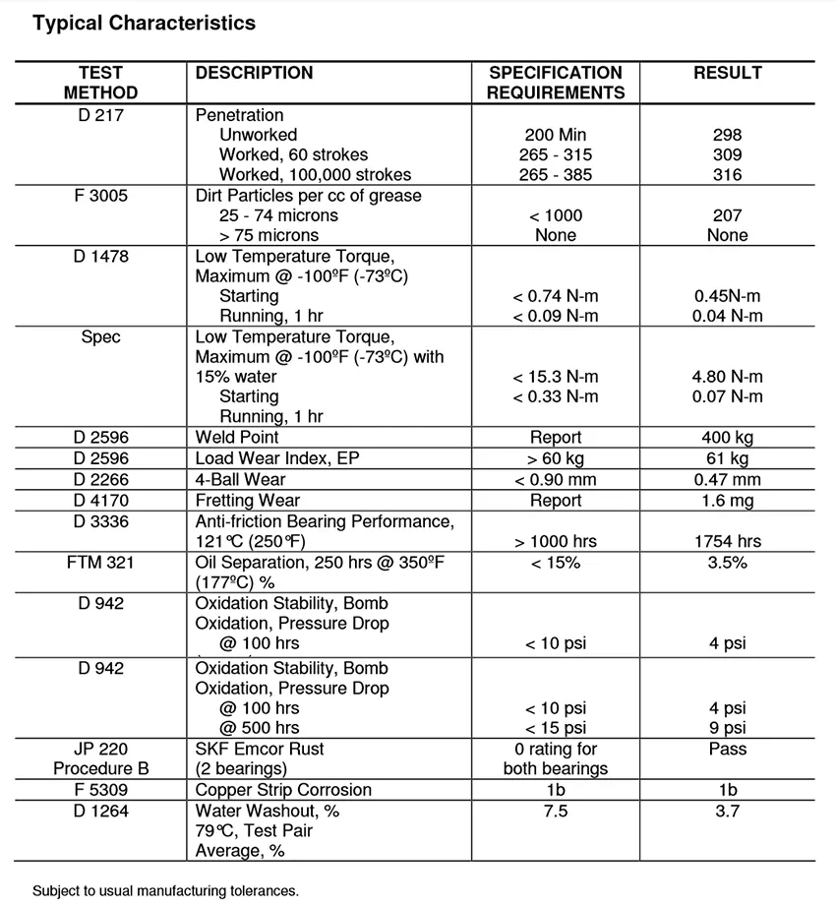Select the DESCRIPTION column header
(254, 73)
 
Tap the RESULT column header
(727, 73)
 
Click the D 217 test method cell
(101, 115)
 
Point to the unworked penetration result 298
(727, 135)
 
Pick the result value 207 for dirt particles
(727, 215)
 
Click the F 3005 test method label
(101, 196)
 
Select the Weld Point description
(236, 437)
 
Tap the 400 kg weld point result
(727, 437)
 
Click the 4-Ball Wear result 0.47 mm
(727, 480)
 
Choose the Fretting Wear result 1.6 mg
(727, 501)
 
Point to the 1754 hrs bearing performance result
(727, 541)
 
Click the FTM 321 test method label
(101, 563)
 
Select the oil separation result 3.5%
(727, 563)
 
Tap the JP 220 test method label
(101, 750)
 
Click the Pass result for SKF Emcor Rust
(727, 750)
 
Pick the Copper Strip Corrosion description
(283, 790)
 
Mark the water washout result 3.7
(727, 811)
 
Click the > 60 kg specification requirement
(555, 458)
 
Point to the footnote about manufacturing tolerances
(165, 890)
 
